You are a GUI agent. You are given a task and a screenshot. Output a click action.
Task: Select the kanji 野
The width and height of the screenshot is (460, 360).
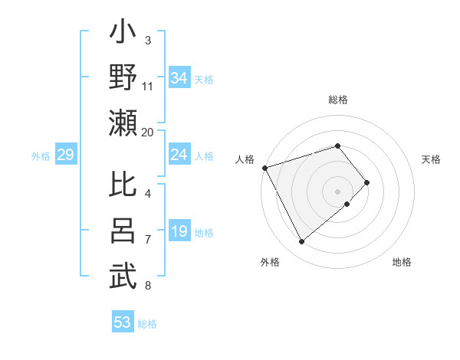click(123, 79)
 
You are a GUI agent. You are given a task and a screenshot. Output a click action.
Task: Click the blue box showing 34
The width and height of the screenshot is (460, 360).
click(179, 77)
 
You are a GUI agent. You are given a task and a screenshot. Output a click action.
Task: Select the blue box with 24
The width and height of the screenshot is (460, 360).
click(179, 155)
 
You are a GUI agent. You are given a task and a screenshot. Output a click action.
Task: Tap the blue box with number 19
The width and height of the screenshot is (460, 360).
click(179, 232)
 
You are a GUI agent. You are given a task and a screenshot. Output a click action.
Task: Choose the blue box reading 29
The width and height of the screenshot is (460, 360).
click(65, 155)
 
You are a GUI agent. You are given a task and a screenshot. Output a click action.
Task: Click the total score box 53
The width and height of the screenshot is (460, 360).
click(123, 322)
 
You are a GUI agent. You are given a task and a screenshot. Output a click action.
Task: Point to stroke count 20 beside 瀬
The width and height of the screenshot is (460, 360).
click(148, 132)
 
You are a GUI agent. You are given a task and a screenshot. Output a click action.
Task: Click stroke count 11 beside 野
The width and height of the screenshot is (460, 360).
click(148, 86)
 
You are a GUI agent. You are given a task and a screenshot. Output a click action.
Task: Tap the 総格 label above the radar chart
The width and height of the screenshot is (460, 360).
click(337, 100)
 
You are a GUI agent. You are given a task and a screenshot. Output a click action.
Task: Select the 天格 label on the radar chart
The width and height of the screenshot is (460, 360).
click(432, 159)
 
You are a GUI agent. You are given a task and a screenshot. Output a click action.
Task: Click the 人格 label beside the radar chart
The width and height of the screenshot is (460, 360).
click(245, 159)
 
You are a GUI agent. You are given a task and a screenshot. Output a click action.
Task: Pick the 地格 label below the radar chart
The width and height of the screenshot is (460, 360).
click(402, 262)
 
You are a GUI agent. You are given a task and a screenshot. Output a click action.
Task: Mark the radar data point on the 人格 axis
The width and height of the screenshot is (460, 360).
click(264, 168)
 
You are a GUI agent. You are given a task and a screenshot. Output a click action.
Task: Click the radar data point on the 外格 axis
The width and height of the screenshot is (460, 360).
click(302, 242)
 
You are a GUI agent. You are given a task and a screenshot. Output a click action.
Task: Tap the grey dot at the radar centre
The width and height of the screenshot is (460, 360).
click(337, 191)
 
